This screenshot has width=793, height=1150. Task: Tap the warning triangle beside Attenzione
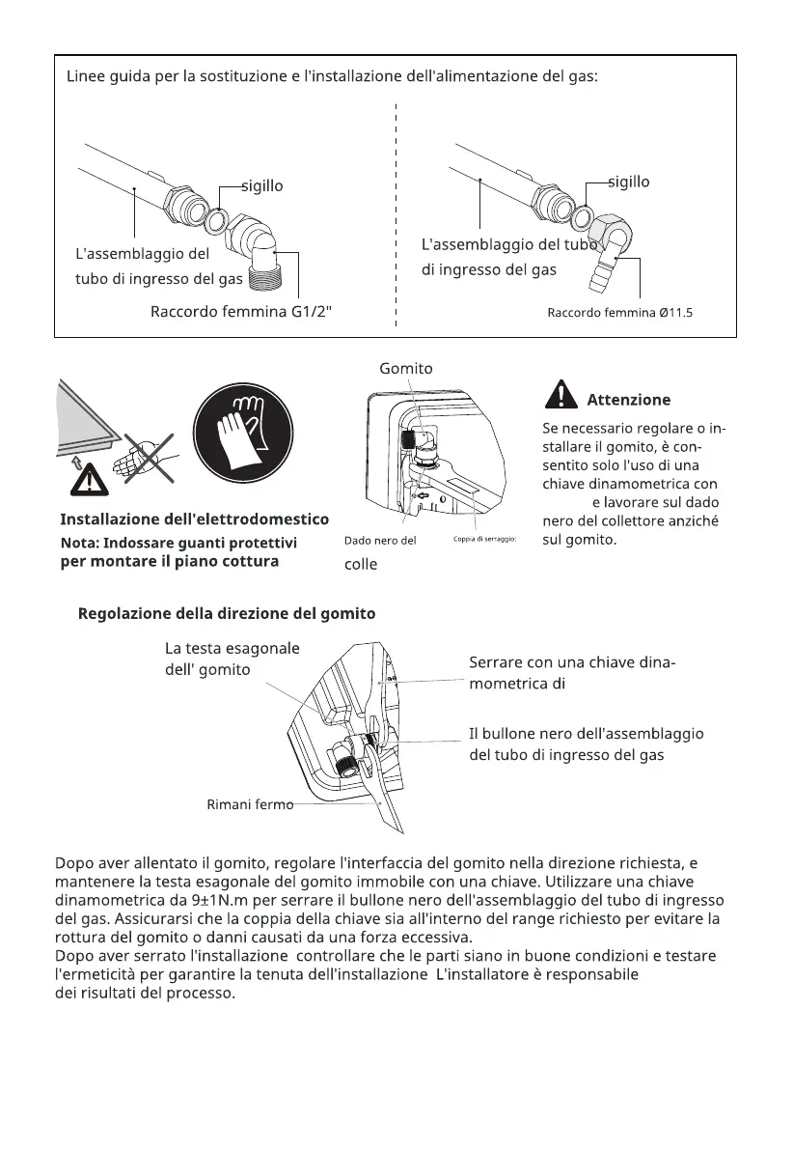[560, 397]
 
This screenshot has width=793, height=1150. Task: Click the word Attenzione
[628, 400]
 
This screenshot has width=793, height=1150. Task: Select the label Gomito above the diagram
[406, 368]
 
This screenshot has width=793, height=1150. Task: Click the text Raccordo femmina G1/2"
[240, 312]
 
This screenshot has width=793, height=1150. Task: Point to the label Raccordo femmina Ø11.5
[620, 313]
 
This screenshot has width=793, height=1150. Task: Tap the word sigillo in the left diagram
[261, 185]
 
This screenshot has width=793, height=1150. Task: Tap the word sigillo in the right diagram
[628, 182]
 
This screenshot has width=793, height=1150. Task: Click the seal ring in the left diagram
[216, 221]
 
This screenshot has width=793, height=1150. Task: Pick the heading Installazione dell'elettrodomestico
[195, 519]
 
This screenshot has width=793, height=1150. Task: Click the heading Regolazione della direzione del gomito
[227, 613]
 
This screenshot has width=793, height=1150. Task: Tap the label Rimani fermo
[250, 804]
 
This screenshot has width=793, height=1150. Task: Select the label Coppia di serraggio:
[486, 539]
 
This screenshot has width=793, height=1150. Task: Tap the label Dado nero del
[380, 541]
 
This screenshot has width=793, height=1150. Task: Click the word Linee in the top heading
[86, 76]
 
